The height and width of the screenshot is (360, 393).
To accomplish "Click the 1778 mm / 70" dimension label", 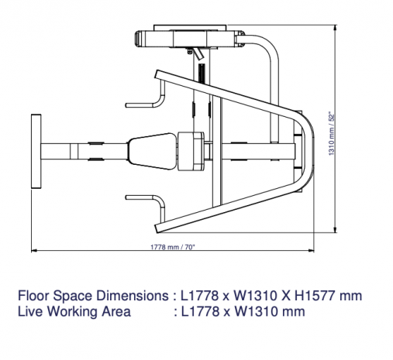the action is tap(173, 247).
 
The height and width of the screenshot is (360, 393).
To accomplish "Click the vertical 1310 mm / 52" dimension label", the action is tap(332, 133).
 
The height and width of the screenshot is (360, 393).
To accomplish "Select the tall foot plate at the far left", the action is tap(36, 152).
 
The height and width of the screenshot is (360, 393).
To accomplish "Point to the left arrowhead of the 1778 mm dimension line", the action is tap(34, 250).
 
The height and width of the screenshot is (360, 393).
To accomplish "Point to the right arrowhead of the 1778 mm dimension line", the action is tap(311, 250).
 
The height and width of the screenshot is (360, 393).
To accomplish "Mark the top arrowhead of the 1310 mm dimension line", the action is tap(335, 28).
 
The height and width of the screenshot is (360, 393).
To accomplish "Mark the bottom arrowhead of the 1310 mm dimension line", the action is tap(335, 229).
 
